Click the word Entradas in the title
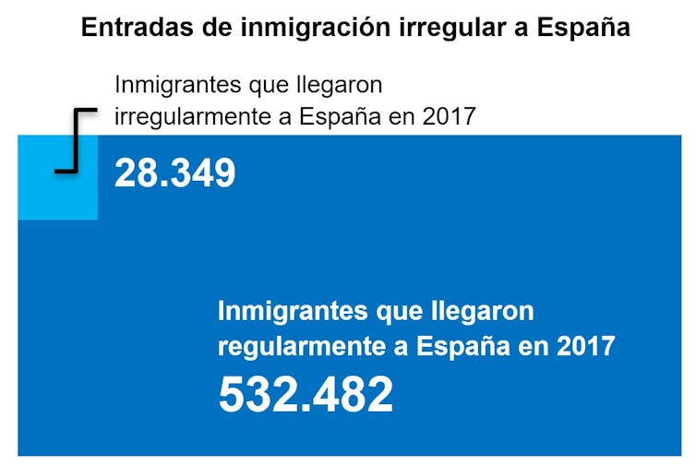[x=135, y=27]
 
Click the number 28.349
[x=174, y=173]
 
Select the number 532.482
[x=306, y=395]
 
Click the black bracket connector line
[x=75, y=139]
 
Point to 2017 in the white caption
[x=585, y=347]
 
